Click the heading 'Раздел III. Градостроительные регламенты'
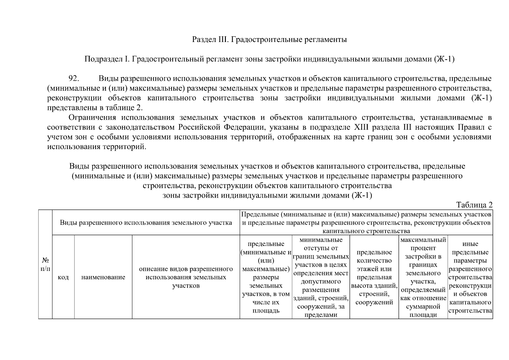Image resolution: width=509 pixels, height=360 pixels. tap(269, 39)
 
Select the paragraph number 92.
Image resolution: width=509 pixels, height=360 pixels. tap(73, 79)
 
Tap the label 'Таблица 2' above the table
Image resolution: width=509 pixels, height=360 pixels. tap(474, 205)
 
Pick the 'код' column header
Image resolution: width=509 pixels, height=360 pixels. tap(63, 277)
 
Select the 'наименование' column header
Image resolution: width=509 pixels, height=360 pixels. tap(103, 277)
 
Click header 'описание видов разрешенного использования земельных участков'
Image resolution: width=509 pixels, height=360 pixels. tap(186, 277)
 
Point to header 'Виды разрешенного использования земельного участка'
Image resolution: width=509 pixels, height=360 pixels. tap(146, 223)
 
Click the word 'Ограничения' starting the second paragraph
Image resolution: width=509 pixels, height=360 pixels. tap(92, 117)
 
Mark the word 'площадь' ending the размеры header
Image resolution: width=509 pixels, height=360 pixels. tap(266, 311)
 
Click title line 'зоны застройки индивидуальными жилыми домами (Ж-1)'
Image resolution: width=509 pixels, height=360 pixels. tap(267, 196)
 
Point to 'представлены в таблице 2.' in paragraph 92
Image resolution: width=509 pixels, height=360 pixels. tap(95, 108)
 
